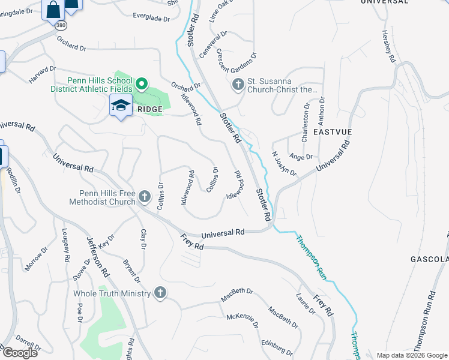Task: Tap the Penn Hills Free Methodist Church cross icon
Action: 144,196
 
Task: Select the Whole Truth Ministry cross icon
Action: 160,293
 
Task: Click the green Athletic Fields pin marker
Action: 142,83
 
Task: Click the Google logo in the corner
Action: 20,352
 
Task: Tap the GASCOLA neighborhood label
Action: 429,259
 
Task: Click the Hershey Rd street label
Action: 388,48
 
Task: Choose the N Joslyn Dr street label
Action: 285,163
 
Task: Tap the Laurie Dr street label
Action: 306,304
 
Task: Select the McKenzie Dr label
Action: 242,324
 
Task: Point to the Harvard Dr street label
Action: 42,75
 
